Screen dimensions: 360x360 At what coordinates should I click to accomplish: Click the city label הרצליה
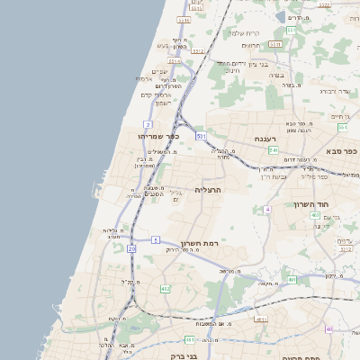(208, 190)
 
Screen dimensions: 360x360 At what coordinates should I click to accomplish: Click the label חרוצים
(252, 45)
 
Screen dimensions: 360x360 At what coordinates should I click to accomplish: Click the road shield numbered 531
(201, 135)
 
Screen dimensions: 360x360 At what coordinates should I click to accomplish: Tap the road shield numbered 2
(148, 123)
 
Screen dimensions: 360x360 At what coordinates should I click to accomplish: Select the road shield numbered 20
(131, 247)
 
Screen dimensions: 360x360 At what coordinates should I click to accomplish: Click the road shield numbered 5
(155, 239)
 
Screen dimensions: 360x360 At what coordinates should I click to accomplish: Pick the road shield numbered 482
(165, 288)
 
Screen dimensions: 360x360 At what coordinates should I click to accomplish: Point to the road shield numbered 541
(273, 149)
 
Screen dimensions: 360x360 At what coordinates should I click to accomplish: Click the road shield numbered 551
(291, 31)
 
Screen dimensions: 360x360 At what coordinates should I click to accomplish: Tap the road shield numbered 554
(342, 128)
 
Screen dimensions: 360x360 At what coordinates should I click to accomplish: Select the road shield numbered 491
(292, 280)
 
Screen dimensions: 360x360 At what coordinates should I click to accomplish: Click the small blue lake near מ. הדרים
(281, 16)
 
